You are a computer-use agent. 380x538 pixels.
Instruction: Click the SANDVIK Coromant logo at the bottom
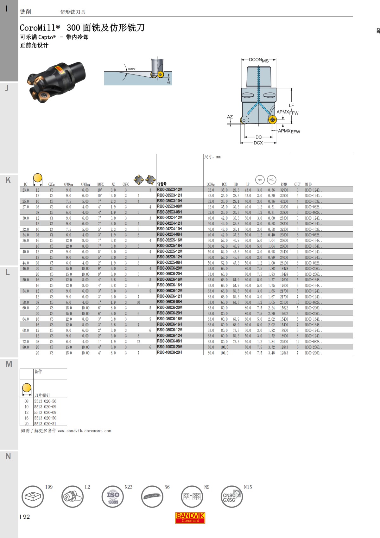tap(190, 518)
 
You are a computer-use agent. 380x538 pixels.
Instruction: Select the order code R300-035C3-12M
tap(169, 190)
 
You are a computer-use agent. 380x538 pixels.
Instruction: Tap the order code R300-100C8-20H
tap(169, 352)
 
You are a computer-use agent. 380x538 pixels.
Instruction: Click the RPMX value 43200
tap(284, 201)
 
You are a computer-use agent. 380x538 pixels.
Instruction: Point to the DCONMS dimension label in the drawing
tap(258, 60)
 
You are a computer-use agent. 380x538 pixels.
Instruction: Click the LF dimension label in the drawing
tap(291, 106)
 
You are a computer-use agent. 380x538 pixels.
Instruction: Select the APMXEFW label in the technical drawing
tap(289, 131)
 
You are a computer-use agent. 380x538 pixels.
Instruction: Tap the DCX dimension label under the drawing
tap(258, 143)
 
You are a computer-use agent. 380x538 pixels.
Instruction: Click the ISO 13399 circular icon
tap(113, 496)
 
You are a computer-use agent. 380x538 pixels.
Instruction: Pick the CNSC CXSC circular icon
tap(231, 496)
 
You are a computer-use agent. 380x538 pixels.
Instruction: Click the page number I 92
tap(25, 517)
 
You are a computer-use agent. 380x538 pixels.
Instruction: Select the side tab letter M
tap(9, 364)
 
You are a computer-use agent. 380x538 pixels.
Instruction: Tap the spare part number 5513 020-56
tap(45, 401)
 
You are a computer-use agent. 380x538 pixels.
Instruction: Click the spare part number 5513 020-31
tap(45, 424)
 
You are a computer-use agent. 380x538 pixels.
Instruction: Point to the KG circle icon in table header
tap(271, 180)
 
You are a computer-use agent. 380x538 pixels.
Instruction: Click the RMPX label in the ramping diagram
tap(131, 69)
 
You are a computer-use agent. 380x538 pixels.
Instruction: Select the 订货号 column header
tap(162, 184)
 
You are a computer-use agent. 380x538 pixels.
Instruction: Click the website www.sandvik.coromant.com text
tap(84, 431)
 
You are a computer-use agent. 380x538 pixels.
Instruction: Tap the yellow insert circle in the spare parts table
tap(27, 388)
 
